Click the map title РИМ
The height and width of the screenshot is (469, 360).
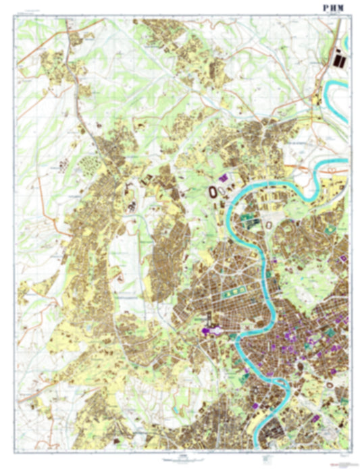coord(334,7)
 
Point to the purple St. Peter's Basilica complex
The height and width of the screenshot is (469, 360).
coord(207,330)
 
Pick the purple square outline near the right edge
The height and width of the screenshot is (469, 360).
coord(344,258)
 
